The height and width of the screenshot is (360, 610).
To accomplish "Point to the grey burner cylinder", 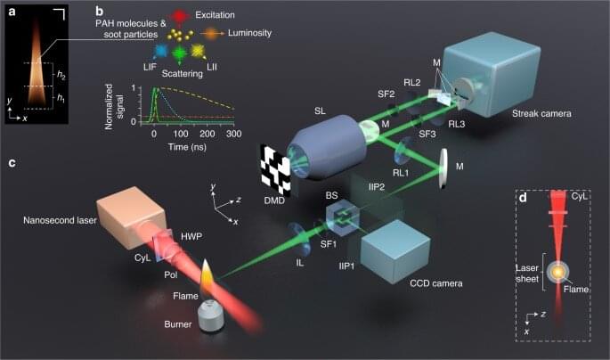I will pyautogui.click(x=211, y=316).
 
